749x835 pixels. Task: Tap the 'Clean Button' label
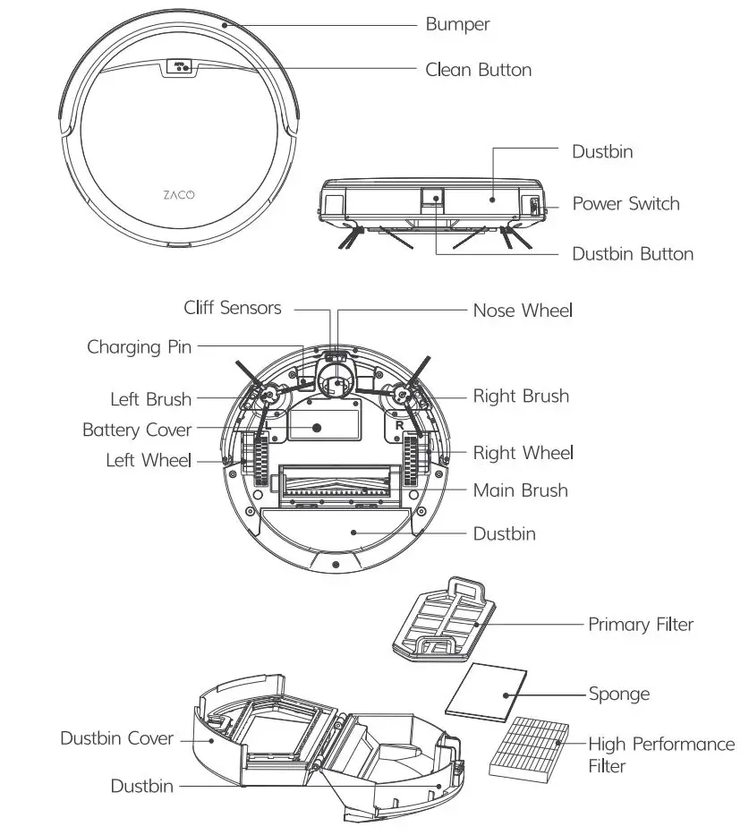point(478,70)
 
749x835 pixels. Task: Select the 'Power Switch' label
point(626,204)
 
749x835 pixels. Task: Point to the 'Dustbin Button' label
point(633,254)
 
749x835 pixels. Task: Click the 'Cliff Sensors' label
point(233,308)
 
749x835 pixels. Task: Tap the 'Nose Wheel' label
point(523,311)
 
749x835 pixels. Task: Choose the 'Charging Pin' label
point(139,346)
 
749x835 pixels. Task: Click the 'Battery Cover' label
point(137,430)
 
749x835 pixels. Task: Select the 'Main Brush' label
point(520,490)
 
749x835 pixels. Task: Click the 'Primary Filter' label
point(640,624)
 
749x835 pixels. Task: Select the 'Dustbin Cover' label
point(116,738)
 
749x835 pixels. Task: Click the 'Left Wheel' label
point(149,460)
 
